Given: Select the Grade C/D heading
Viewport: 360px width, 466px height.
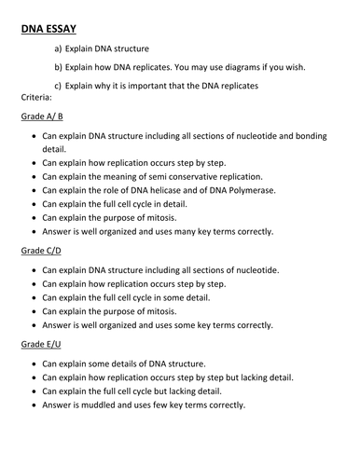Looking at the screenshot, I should tap(42, 252).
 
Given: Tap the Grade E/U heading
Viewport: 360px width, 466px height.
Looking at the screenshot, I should tap(42, 344).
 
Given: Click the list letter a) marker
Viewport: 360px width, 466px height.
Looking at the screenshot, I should tap(60, 48).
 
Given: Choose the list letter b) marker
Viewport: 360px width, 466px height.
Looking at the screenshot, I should tap(60, 67).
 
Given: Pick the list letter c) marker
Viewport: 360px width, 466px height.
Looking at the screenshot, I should tap(60, 87).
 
